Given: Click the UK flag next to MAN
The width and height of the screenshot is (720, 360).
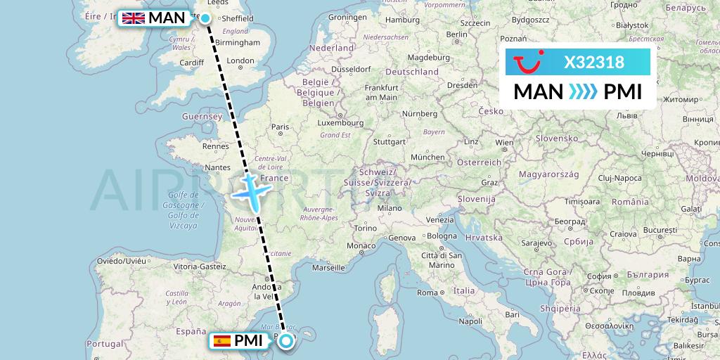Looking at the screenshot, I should (x=134, y=18).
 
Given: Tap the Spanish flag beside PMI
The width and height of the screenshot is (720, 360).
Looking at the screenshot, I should (x=222, y=342).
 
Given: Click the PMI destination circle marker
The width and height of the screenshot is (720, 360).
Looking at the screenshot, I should (x=286, y=342).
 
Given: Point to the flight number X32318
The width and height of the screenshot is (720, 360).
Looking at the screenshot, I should (x=594, y=63).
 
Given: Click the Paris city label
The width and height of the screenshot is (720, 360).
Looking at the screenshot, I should (x=281, y=127).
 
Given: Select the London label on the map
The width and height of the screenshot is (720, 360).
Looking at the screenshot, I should (x=240, y=61).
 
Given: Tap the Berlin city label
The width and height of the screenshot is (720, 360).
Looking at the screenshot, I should (x=456, y=34).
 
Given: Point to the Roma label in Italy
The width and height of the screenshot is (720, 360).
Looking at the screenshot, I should (x=427, y=292).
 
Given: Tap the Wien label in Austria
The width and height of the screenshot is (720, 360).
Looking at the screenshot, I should (x=504, y=142).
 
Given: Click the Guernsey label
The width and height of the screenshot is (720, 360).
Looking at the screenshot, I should (x=201, y=116).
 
